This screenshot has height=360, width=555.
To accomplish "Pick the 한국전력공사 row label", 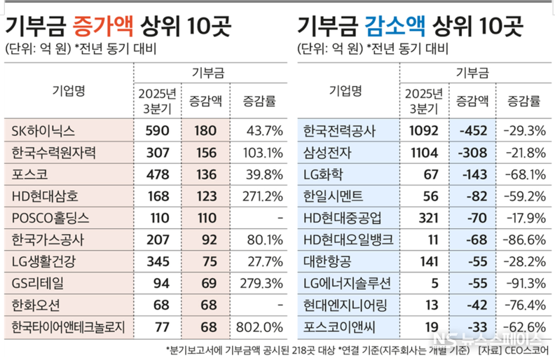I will point(339,131).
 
